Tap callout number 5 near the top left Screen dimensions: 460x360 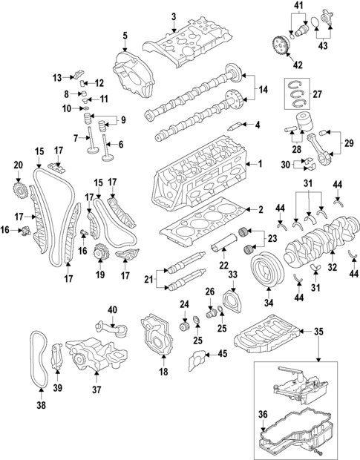(x=125, y=36)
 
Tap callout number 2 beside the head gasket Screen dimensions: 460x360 (x=259, y=210)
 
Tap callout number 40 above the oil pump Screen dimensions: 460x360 (x=113, y=309)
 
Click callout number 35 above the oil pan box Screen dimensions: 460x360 (x=320, y=332)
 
